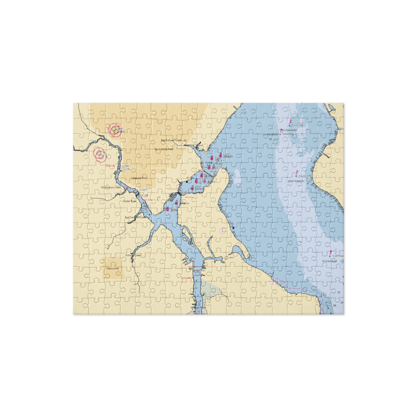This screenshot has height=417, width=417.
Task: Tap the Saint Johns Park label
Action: point(163,149)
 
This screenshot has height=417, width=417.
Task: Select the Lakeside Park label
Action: point(139,178)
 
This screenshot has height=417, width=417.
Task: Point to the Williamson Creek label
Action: point(111,188)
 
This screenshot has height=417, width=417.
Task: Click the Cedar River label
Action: point(130,201)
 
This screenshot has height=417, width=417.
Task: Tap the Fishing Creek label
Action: point(134,255)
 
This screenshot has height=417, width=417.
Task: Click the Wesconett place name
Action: point(113,269)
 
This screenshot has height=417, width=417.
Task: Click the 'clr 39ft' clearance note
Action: point(126,166)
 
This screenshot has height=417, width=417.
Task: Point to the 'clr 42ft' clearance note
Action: point(143,190)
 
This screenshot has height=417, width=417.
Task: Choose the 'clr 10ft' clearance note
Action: point(127,170)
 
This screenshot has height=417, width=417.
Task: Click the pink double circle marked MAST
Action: point(115,130)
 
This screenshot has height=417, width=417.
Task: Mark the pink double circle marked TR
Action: point(100,154)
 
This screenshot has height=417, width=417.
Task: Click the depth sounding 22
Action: point(339,292)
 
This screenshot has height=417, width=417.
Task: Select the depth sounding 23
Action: point(342,302)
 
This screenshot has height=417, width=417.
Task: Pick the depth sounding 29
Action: point(334,306)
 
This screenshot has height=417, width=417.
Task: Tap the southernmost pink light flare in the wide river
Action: point(331,253)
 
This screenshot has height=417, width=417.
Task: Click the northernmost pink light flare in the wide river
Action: point(291,121)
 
